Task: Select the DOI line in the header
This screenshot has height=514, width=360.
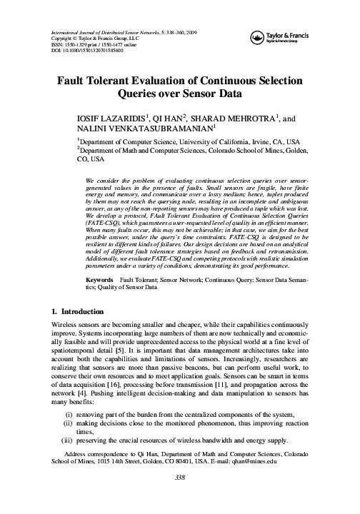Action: point(86,51)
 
